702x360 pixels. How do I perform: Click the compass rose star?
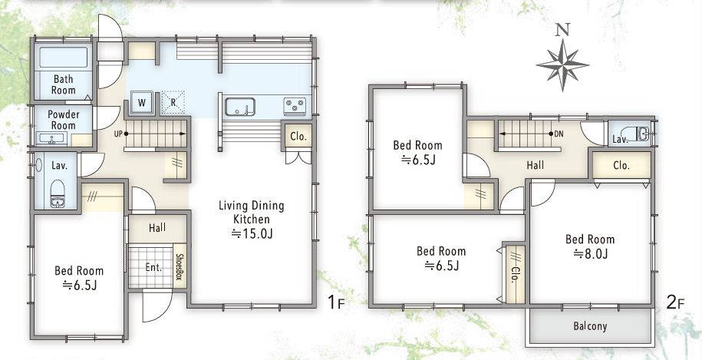pos(563,65)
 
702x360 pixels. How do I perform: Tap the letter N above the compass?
pos(562,30)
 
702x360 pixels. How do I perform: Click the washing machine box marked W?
pos(141,103)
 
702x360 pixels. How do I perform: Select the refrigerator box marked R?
pos(173,103)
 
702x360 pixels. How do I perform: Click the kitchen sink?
pos(240,107)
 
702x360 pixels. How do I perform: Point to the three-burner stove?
pos(295,107)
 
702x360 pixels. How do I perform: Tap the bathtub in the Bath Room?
pos(63,58)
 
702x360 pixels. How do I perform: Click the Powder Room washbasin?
pos(51,138)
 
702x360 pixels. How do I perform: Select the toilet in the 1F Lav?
pos(58,194)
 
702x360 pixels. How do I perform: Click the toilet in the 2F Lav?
pos(636,134)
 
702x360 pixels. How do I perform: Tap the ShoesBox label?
pos(179,267)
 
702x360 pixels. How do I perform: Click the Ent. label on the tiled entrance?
pos(153,267)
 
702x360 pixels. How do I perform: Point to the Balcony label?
pos(590,326)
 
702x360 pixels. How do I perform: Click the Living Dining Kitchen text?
pos(251,212)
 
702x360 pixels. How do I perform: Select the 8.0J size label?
pos(591,254)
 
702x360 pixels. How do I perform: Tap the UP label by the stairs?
pos(118,134)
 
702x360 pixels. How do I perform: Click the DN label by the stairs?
pos(559,134)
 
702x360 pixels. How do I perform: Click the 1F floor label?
pos(336,302)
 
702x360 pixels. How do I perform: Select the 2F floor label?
pos(675,302)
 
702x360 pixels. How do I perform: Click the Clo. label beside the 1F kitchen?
pos(298,137)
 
